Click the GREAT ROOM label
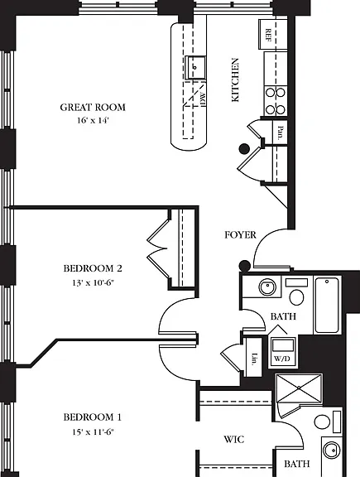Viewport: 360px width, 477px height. point(93,108)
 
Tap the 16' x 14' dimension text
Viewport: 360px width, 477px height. point(93,120)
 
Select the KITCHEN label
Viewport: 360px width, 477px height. point(235,80)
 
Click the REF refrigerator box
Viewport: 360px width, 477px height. point(273,35)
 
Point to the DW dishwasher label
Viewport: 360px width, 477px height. point(204,99)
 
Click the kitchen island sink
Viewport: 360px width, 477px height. point(195,67)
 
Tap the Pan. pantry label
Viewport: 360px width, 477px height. point(281,133)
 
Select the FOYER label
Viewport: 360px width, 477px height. point(240,235)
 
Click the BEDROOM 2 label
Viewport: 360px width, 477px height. point(93,268)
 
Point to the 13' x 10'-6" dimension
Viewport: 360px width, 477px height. point(93,282)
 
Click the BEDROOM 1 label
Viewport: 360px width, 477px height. point(93,417)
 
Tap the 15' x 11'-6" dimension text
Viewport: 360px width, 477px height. point(93,431)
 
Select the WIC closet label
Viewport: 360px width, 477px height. point(234,439)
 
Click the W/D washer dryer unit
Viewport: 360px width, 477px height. point(283,351)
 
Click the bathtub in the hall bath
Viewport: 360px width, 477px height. point(327,305)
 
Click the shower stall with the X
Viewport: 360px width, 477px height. point(299,388)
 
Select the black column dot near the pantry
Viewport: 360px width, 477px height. point(244,149)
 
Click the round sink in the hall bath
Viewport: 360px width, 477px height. point(267,287)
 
